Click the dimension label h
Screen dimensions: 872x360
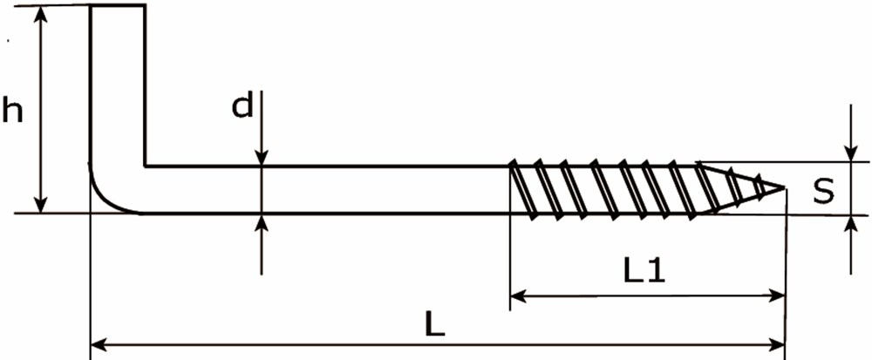pyautogui.click(x=12, y=110)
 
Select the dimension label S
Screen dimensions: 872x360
pyautogui.click(x=824, y=191)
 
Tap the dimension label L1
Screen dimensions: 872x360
pyautogui.click(x=644, y=272)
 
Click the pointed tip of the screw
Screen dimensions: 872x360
pyautogui.click(x=785, y=187)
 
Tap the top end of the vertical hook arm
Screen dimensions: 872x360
pyautogui.click(x=118, y=5)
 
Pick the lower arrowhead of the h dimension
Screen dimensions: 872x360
pyautogui.click(x=40, y=203)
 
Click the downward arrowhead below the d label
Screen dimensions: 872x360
pyautogui.click(x=262, y=157)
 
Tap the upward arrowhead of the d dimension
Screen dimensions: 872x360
pyautogui.click(x=262, y=223)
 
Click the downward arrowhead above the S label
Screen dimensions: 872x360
pyautogui.click(x=850, y=153)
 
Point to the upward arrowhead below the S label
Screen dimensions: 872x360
pyautogui.click(x=850, y=224)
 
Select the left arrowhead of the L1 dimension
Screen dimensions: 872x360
pyautogui.click(x=519, y=296)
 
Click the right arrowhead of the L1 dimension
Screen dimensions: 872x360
pyautogui.click(x=776, y=296)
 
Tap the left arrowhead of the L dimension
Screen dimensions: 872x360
pyautogui.click(x=99, y=345)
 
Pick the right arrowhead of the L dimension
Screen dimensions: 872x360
pyautogui.click(x=775, y=345)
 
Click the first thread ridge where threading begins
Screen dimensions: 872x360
pyautogui.click(x=523, y=189)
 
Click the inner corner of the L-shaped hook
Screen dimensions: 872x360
pyautogui.click(x=146, y=166)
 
